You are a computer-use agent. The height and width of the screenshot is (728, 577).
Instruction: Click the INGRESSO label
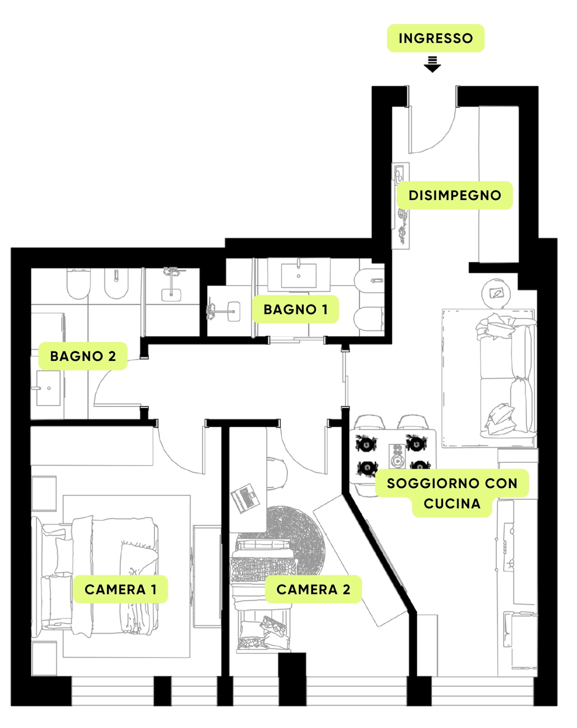point(436,38)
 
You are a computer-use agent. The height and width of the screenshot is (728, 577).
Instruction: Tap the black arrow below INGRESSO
point(432,64)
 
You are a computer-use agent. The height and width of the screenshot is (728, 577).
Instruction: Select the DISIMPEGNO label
point(455,195)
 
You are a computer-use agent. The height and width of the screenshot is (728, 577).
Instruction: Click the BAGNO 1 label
point(296,309)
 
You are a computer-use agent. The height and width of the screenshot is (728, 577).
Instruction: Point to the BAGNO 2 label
point(83,356)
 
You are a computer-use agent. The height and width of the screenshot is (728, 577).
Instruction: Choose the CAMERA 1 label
point(120,589)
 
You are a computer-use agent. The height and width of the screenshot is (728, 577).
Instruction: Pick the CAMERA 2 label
point(313,589)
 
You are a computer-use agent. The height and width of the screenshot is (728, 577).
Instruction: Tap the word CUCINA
point(452,504)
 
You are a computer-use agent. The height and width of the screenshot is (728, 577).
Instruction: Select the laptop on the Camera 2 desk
point(245,498)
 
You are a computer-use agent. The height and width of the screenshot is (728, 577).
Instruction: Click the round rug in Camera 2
point(295,539)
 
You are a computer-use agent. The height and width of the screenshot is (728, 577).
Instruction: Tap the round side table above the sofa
point(496,293)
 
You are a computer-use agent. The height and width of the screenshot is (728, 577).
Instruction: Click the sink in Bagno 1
point(299,275)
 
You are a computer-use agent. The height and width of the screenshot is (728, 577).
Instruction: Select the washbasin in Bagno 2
point(48,388)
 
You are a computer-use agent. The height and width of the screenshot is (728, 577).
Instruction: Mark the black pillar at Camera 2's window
point(292,679)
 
